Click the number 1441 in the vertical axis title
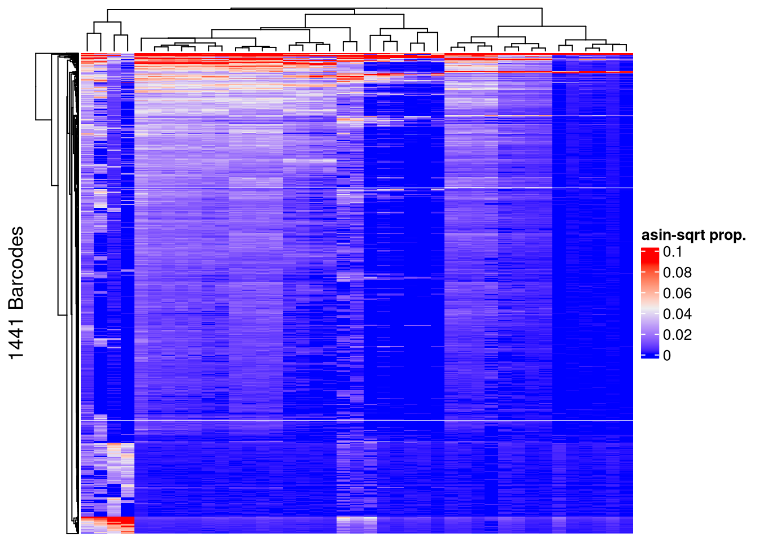16,336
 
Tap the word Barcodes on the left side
16,268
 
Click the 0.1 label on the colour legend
672,252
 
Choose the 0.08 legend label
677,273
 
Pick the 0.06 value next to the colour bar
677,293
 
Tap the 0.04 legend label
677,314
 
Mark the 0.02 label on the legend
677,335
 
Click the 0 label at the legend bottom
667,356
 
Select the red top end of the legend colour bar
650,250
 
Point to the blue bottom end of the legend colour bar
650,356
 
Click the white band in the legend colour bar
650,308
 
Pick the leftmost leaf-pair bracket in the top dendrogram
94,34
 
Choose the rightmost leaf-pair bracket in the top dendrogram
620,45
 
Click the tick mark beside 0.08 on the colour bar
656,273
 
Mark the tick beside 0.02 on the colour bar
656,335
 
